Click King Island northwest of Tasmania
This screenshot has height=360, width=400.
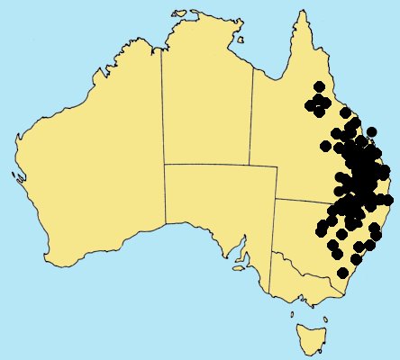click(292, 314)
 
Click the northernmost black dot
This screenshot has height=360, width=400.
click(319, 86)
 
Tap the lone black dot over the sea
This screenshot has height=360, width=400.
click(388, 199)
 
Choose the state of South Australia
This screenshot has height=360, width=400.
click(216, 207)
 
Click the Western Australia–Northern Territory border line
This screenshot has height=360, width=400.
click(162, 108)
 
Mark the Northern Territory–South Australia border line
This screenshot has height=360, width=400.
click(216, 165)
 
